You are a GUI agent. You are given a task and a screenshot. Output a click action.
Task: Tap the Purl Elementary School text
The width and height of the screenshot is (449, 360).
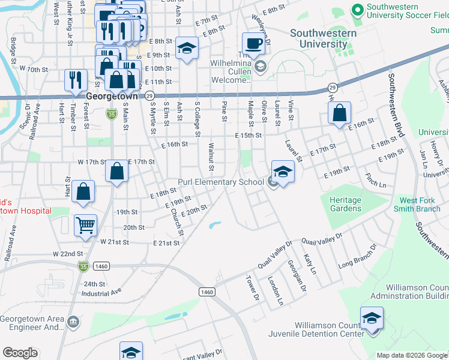pyautogui.click(x=220, y=182)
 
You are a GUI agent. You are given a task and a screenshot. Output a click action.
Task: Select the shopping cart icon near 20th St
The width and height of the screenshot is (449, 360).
pyautogui.click(x=85, y=226)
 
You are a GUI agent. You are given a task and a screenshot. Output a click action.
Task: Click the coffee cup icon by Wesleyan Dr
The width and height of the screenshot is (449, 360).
pyautogui.click(x=253, y=43)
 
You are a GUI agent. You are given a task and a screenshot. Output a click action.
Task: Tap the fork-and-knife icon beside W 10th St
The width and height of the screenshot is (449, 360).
pyautogui.click(x=76, y=80)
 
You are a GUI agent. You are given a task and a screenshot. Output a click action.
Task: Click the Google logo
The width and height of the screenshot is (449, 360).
pyautogui.click(x=20, y=353)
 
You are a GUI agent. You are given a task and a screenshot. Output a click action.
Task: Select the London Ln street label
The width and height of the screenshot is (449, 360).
pyautogui.click(x=275, y=291)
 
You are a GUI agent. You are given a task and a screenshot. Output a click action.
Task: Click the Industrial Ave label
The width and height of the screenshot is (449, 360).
pyautogui.click(x=101, y=293)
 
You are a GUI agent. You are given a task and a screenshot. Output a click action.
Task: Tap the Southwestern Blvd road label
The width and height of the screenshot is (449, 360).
pyautogui.click(x=397, y=106)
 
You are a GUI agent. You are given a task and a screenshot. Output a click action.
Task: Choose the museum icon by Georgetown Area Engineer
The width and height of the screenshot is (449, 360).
pyautogui.click(x=73, y=323)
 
